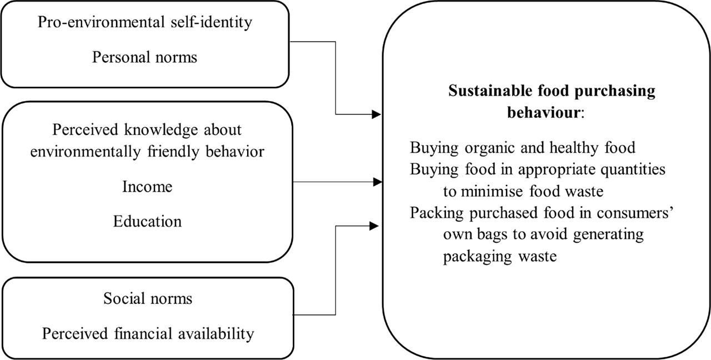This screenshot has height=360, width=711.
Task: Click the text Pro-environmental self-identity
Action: click(x=144, y=23)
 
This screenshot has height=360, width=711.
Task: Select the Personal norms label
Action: click(x=144, y=57)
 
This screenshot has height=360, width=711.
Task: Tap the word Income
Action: click(x=147, y=187)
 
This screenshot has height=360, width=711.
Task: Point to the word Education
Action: click(x=147, y=221)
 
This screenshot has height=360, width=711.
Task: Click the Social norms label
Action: click(x=148, y=298)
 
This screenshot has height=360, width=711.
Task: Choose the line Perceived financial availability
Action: click(x=148, y=333)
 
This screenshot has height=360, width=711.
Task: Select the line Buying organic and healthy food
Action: click(x=522, y=148)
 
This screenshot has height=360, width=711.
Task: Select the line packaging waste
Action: click(x=499, y=257)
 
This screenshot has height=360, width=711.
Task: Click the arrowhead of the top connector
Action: click(x=377, y=114)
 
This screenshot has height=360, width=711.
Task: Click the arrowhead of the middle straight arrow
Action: click(x=377, y=182)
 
